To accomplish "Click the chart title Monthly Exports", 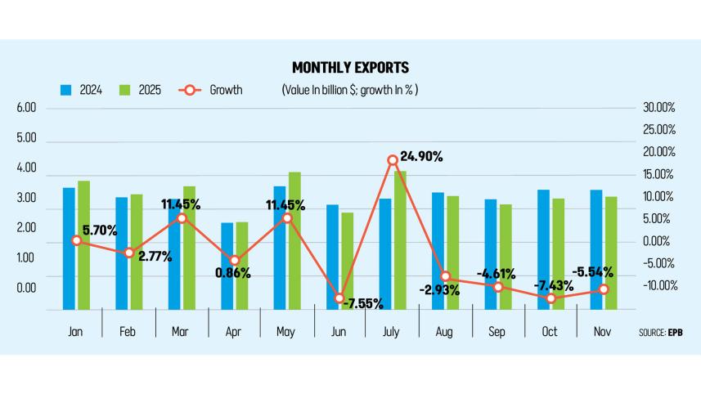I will (x=350, y=67).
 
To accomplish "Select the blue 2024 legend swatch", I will (x=67, y=90).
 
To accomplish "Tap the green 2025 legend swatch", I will (x=125, y=90).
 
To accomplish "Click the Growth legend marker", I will (x=189, y=90).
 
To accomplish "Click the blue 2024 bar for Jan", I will (x=69, y=248).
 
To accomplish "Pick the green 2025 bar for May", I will (x=294, y=240).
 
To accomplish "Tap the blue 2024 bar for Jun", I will (x=332, y=257).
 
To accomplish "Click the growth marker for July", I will (x=393, y=160).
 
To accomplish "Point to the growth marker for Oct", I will (x=551, y=298).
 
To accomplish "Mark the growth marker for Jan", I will (x=76, y=240).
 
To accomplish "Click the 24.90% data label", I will (x=427, y=154).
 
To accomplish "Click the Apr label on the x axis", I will (x=234, y=332).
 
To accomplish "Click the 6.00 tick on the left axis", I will (x=26, y=108).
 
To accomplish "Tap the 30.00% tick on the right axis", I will (x=658, y=108).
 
